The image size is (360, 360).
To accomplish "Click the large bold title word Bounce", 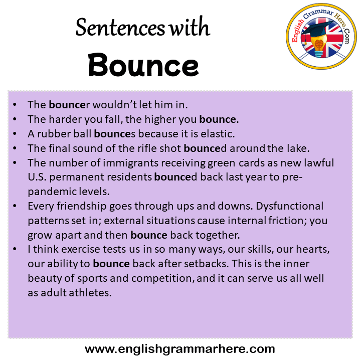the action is [143, 65].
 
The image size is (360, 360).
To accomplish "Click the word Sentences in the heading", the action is [120, 28].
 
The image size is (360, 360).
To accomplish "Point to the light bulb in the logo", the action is [319, 46].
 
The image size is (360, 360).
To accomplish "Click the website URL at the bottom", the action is [180, 349].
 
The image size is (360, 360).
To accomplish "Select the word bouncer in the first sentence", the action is [69, 105].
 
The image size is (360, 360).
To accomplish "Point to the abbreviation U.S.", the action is [37, 177].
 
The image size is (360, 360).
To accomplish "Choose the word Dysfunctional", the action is [289, 206].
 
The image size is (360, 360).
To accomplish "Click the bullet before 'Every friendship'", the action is [15, 206].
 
